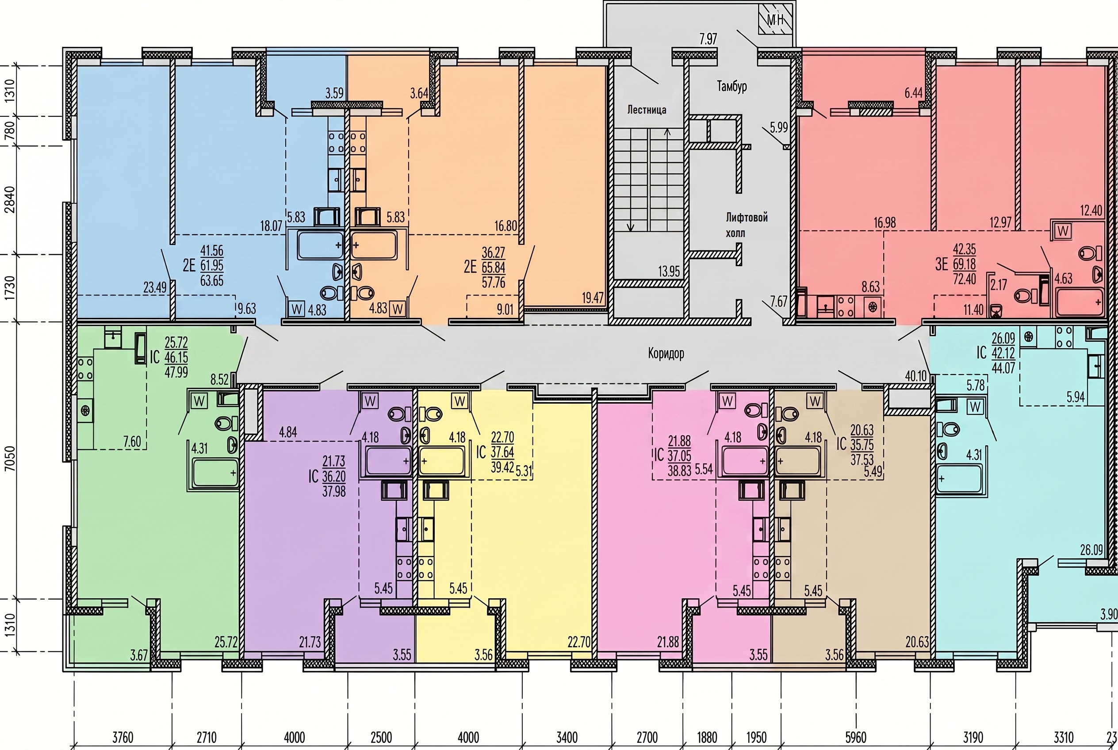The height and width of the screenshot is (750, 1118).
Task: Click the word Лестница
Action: [x=647, y=110]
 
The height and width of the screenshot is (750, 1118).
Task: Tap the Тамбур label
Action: [x=731, y=86]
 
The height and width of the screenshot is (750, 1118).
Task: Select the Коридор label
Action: [x=666, y=353]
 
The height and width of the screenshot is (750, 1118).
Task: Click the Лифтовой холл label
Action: [x=746, y=225]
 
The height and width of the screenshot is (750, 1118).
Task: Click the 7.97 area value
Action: [x=708, y=38]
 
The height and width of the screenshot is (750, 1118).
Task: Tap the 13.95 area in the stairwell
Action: [x=669, y=271]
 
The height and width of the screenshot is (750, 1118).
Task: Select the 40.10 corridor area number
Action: [x=915, y=376]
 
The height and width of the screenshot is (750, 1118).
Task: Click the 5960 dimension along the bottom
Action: [x=855, y=737]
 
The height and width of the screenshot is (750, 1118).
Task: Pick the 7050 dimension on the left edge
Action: [x=10, y=459]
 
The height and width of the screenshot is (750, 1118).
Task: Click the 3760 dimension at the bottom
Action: [x=123, y=737]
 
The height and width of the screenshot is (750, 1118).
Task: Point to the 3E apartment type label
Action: [x=942, y=264]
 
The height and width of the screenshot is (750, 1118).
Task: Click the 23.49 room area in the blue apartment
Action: [x=155, y=287]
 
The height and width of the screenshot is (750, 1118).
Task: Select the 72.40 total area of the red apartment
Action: [x=965, y=279]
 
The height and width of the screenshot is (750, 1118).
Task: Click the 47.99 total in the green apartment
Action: [x=176, y=371]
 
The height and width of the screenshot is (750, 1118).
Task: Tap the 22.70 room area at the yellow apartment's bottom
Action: [x=579, y=642]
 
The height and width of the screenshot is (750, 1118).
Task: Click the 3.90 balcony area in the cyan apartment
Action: [x=1108, y=614]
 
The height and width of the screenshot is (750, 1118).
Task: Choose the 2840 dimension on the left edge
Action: [x=10, y=199]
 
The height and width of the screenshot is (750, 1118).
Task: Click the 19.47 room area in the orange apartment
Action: [x=592, y=298]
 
